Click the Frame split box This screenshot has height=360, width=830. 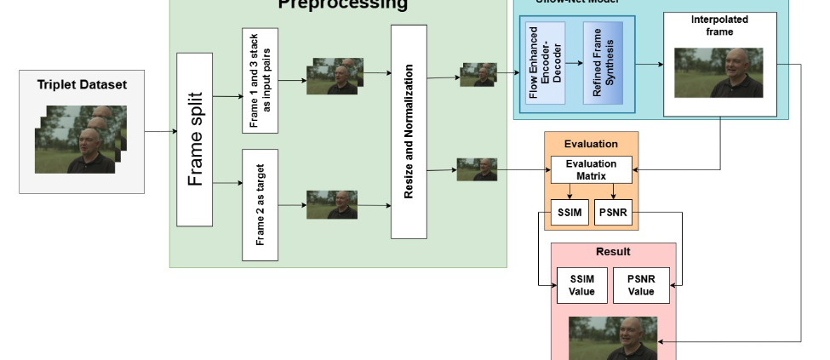pos(194,140)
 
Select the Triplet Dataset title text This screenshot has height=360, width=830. pos(82,84)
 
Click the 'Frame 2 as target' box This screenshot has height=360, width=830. pos(260,204)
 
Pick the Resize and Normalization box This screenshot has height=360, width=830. pos(408,132)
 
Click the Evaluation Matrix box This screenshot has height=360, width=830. pos(592,169)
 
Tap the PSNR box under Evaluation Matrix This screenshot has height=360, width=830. pos(613,212)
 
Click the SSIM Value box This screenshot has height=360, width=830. pos(581,285)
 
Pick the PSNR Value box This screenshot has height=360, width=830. pos(641,285)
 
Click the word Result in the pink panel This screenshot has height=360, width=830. pos(613,252)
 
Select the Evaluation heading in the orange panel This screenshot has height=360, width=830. pos(591,144)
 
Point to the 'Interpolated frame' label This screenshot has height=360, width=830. pos(719,26)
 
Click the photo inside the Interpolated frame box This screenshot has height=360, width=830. pos(718,72)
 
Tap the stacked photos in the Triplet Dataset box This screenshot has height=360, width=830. pos(80,139)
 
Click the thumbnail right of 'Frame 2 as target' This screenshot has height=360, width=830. pos(331,204)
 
